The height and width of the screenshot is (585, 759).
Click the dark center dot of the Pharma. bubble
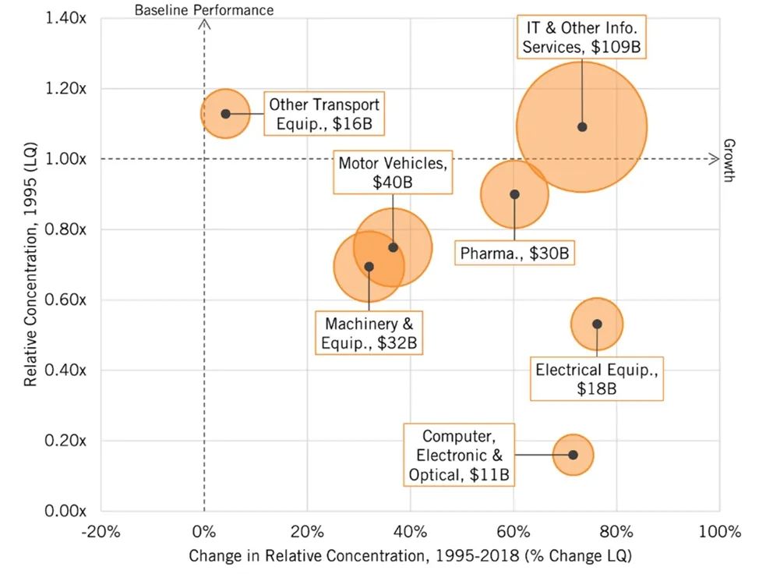[514, 194]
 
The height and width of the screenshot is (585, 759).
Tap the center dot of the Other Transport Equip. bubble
[226, 114]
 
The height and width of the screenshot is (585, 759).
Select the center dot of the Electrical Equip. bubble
[597, 324]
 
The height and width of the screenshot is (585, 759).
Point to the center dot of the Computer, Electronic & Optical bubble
[573, 455]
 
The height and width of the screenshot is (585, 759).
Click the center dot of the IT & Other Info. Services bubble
[582, 127]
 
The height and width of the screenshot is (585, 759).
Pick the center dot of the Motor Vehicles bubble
[393, 247]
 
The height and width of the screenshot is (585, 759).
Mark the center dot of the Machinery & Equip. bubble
[369, 267]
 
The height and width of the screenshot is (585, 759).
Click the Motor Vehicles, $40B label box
[392, 172]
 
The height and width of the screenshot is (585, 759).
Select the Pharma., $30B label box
[514, 253]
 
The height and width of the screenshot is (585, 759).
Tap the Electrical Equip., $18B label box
[597, 378]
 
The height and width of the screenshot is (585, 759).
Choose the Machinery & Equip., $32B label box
[369, 331]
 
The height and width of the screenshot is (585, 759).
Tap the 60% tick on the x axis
[514, 533]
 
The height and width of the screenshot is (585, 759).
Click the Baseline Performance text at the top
[204, 10]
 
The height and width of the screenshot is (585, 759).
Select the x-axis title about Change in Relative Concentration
[409, 558]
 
